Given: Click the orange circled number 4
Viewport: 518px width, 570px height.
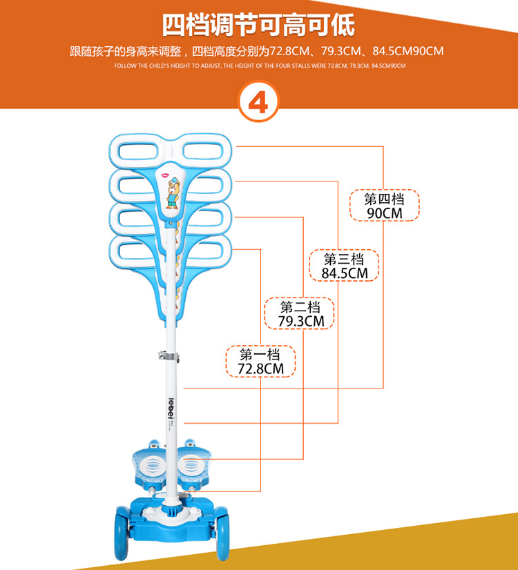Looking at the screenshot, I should (258, 103).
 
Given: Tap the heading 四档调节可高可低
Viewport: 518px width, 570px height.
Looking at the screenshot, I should (258, 26).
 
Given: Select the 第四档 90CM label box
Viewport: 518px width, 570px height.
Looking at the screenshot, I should (385, 206).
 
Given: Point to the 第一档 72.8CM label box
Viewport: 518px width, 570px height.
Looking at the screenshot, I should (261, 362).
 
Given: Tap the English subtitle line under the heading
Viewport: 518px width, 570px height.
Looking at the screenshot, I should (259, 66).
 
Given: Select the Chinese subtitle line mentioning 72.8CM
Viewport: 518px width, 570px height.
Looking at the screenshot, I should (256, 51).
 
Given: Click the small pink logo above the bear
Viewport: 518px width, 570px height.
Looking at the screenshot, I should (166, 175).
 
